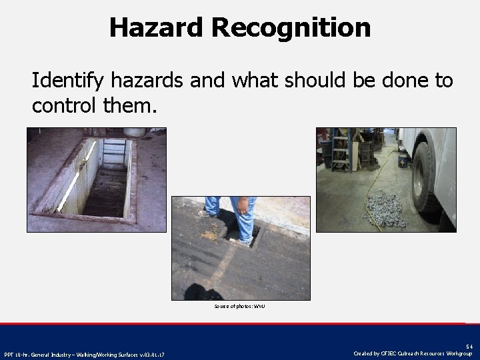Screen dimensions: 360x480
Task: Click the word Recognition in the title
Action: [291, 27]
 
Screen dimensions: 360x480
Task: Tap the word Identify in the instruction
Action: [74, 81]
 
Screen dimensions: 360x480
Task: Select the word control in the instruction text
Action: [65, 105]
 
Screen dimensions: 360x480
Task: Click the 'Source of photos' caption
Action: [240, 306]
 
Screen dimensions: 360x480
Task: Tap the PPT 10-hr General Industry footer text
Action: [85, 353]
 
